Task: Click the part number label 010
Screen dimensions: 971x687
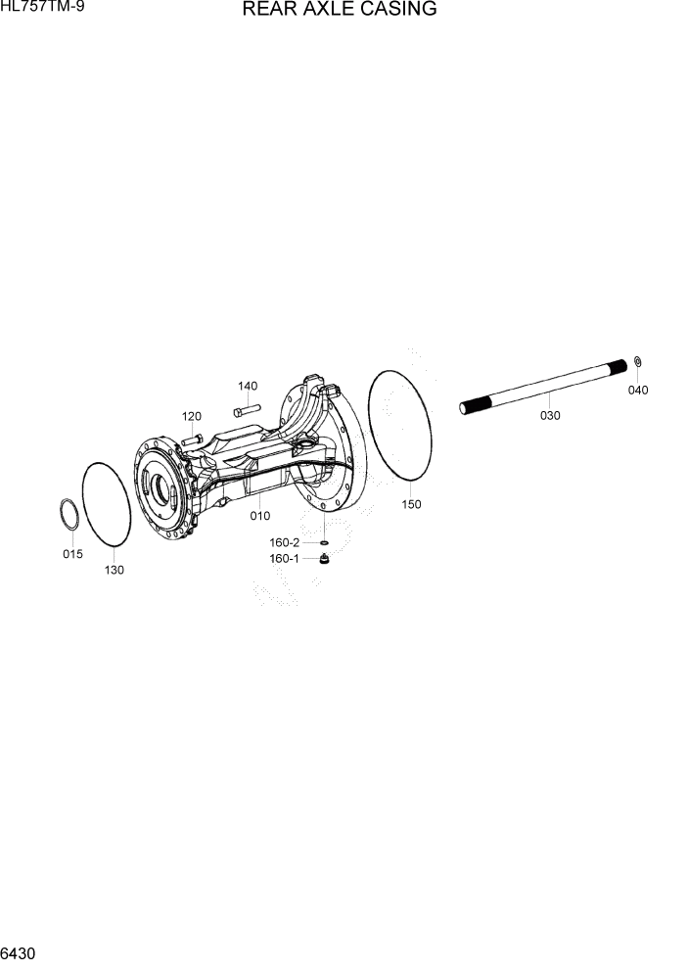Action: pyautogui.click(x=259, y=516)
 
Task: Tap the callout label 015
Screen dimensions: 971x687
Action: pyautogui.click(x=72, y=554)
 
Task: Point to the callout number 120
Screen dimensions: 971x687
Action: pyautogui.click(x=192, y=415)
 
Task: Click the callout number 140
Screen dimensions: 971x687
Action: pyautogui.click(x=248, y=385)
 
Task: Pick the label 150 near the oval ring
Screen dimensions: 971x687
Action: pyautogui.click(x=412, y=504)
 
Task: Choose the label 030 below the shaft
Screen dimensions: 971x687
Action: pyautogui.click(x=550, y=415)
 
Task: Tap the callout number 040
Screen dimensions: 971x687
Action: pyautogui.click(x=638, y=390)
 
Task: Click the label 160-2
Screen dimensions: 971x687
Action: pyautogui.click(x=285, y=542)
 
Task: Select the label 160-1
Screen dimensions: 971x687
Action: pyautogui.click(x=285, y=559)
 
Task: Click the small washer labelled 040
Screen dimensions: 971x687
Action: pyautogui.click(x=637, y=364)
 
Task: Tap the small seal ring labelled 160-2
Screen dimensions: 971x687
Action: pyautogui.click(x=322, y=542)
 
